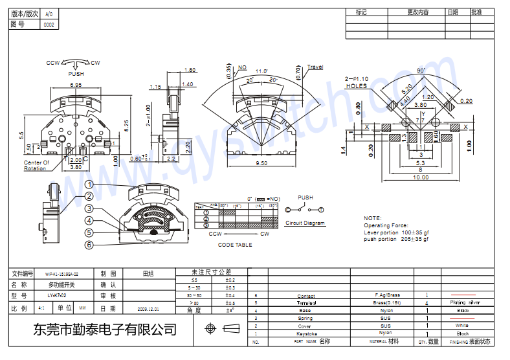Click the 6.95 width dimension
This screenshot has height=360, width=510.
click(76, 85)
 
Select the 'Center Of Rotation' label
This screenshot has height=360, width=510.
click(36, 166)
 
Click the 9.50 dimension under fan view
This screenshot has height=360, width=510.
click(261, 164)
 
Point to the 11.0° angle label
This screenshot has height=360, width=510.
click(261, 71)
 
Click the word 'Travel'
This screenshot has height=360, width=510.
click(315, 67)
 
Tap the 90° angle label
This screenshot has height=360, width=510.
click(421, 70)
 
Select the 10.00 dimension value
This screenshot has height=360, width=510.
click(421, 177)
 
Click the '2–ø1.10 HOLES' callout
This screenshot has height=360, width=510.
click(356, 82)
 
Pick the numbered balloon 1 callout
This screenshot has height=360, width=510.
click(89, 184)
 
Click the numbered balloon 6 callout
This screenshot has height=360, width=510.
click(89, 245)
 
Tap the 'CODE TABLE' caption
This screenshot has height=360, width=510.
click(235, 245)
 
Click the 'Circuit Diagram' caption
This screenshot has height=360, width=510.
click(305, 223)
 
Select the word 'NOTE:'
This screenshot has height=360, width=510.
click(373, 218)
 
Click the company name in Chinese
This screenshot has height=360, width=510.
click(104, 330)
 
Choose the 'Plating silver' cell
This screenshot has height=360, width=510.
click(465, 302)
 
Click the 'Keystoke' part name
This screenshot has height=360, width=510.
click(307, 333)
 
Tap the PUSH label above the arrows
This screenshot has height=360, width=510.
click(76, 74)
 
